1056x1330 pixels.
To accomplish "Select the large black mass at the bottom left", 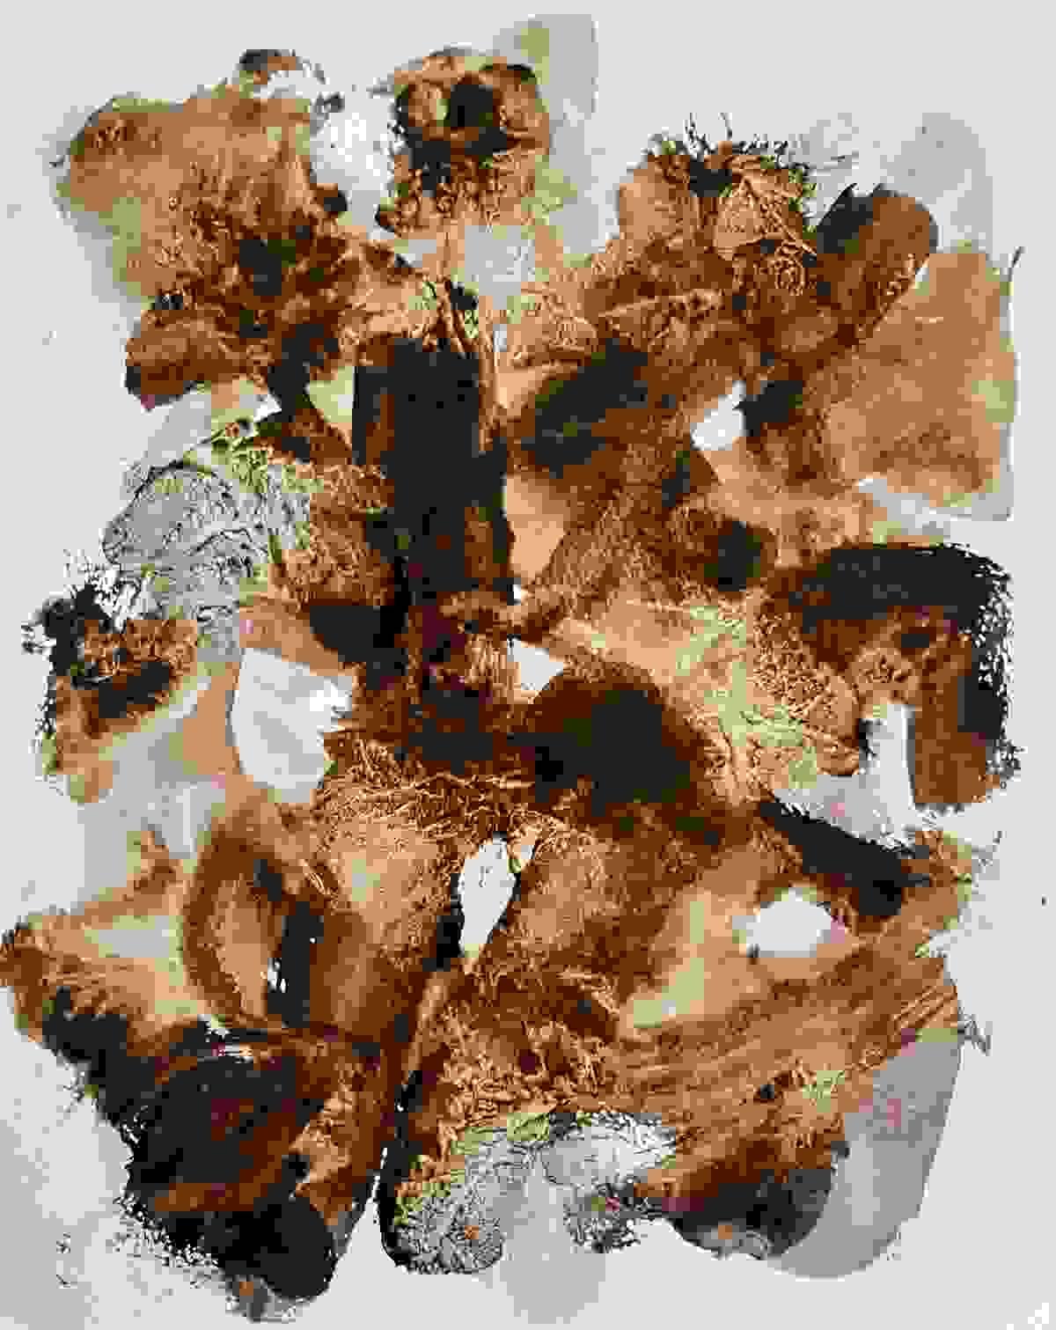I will tap(202, 1162).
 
